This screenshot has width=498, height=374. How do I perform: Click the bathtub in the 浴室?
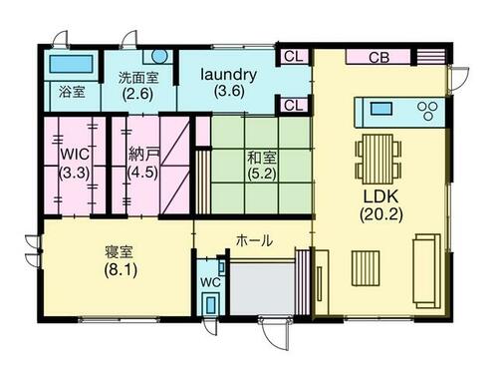[x=71, y=64]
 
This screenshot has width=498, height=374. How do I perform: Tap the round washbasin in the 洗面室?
[x=159, y=56]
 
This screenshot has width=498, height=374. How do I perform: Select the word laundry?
[x=229, y=75]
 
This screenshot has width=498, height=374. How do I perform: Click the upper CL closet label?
[x=294, y=57]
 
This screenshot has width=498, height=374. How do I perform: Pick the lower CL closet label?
[x=294, y=106]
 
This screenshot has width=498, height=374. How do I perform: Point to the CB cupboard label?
[x=379, y=58]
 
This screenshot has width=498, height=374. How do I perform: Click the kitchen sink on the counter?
[x=381, y=109]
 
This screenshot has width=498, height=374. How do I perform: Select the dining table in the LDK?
[x=378, y=159]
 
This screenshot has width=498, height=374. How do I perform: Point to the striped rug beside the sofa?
[x=366, y=268]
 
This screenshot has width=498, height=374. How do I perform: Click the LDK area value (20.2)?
[x=381, y=214]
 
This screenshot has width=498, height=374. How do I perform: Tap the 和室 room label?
[x=262, y=158]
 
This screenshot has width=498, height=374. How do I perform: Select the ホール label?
[x=254, y=240]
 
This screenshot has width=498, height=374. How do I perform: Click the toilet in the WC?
[x=210, y=303]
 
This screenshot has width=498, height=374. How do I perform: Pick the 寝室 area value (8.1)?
[x=121, y=270]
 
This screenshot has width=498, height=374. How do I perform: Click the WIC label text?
[x=75, y=155]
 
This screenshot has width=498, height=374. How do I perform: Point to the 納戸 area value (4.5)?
[x=142, y=172]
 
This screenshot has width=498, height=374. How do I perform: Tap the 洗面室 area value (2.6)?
[x=137, y=94]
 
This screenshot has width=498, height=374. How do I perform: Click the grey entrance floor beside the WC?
[x=262, y=288]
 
